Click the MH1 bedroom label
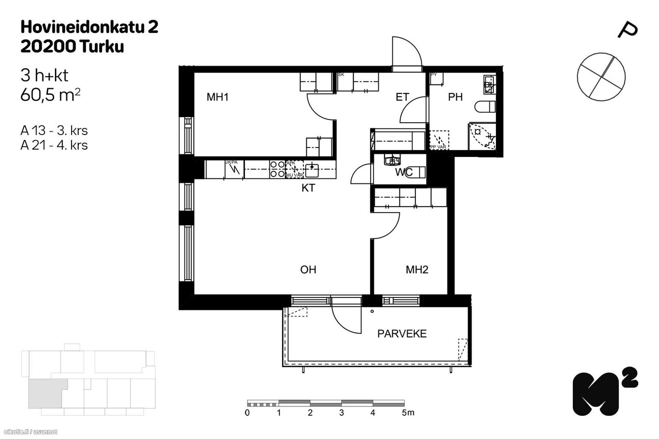218,97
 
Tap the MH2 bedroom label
417,270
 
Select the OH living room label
308,270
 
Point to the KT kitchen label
308,188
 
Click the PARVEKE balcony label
402,334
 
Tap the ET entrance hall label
402,97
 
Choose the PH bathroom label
455,97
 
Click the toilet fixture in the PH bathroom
485,105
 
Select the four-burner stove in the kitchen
277,169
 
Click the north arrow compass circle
601,77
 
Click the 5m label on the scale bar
408,413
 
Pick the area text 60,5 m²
51,95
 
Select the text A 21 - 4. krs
54,145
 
